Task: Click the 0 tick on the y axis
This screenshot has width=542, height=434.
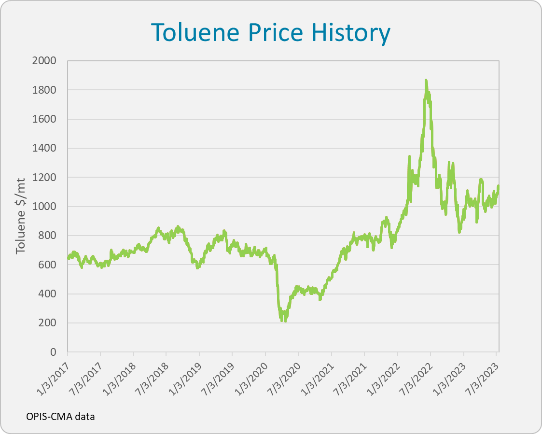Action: tap(54, 352)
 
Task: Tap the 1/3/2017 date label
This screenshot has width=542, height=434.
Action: tap(53, 376)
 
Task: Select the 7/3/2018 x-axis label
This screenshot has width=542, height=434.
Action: tap(152, 376)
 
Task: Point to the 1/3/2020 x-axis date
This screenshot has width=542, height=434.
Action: tap(251, 376)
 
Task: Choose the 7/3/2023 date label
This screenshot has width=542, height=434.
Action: tap(482, 376)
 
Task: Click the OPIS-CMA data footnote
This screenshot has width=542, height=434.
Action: tap(60, 416)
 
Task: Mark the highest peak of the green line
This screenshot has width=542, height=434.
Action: tap(426, 81)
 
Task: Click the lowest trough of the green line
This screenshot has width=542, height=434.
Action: tap(285, 320)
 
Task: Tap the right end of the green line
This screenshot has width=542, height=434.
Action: tap(498, 186)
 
